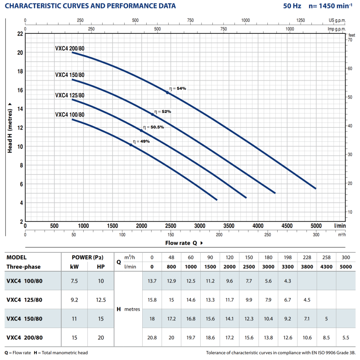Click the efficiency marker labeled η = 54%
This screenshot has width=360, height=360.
[167, 92]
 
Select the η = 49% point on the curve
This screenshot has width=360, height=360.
[131, 145]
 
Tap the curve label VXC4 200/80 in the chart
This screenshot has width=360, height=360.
[70, 49]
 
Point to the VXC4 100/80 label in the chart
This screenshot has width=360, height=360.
[70, 115]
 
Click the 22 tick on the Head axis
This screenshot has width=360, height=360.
[20, 34]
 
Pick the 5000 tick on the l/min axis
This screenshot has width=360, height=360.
[316, 226]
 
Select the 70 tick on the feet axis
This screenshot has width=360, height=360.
[350, 40]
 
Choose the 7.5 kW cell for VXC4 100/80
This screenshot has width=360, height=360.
[74, 281]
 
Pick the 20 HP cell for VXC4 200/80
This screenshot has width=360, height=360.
[101, 337]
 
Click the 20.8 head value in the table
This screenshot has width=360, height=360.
[152, 337]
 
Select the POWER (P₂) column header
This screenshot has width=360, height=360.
[88, 258]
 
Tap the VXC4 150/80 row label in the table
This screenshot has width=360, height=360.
[25, 319]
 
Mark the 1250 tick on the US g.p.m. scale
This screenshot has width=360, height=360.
[301, 20]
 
